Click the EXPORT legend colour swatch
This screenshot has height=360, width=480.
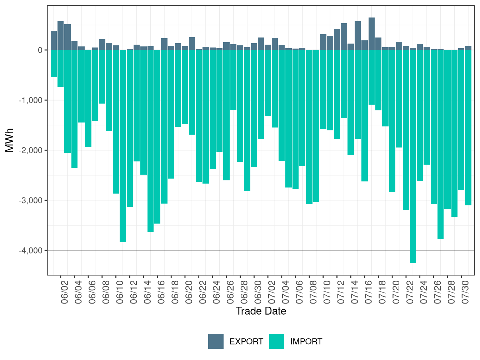pyautogui.click(x=216, y=341)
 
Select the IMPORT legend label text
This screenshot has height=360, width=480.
pyautogui.click(x=306, y=341)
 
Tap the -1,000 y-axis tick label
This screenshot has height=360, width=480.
pyautogui.click(x=30, y=100)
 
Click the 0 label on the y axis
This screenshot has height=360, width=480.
pyautogui.click(x=40, y=50)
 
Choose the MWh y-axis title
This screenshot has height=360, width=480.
pyautogui.click(x=9, y=140)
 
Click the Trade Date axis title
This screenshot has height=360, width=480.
pyautogui.click(x=261, y=311)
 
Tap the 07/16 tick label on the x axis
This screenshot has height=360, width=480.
pyautogui.click(x=369, y=292)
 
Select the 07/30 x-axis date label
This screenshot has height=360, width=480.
pyautogui.click(x=465, y=292)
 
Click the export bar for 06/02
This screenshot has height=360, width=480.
pyautogui.click(x=61, y=36)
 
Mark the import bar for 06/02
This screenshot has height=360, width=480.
pyautogui.click(x=61, y=69)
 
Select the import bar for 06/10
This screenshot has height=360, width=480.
pyautogui.click(x=116, y=122)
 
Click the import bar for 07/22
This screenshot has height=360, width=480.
pyautogui.click(x=406, y=130)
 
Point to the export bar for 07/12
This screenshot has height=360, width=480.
pyautogui.click(x=337, y=40)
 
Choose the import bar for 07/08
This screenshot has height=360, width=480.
pyautogui.click(x=309, y=127)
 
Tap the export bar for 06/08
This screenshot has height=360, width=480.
pyautogui.click(x=102, y=45)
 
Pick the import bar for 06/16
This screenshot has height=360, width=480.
pyautogui.click(x=157, y=137)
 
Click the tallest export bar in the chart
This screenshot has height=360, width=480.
pyautogui.click(x=371, y=34)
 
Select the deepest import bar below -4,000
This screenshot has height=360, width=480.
pyautogui.click(x=413, y=156)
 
